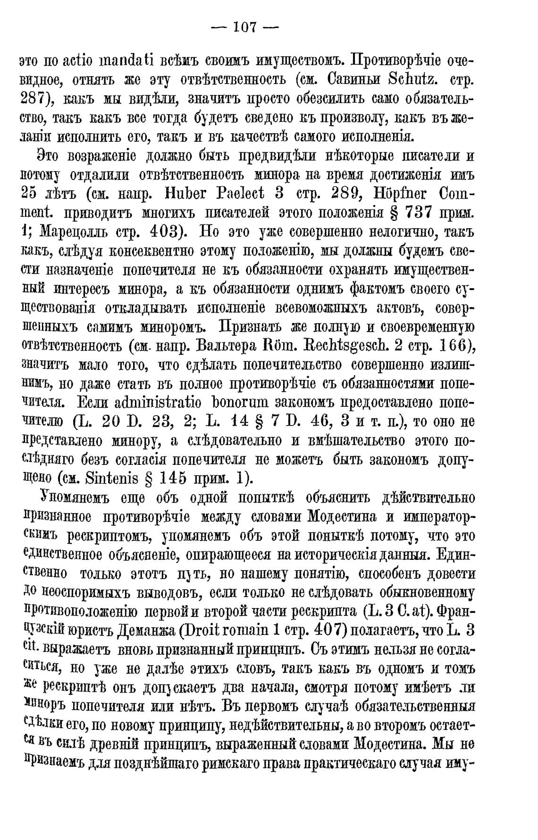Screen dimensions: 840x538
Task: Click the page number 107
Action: [244, 27]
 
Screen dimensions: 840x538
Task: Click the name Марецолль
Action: [76, 232]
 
